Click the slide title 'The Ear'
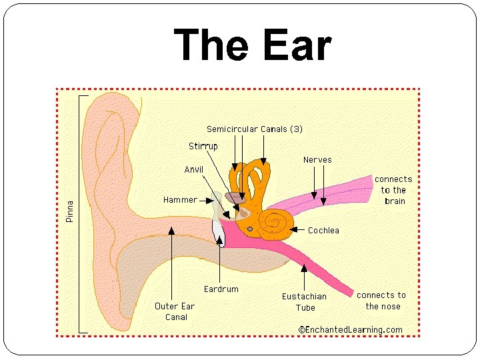(253, 47)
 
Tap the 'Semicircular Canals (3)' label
(254, 129)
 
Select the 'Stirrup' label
(203, 146)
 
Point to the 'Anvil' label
(193, 169)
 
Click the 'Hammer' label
(180, 199)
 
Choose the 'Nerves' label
(317, 160)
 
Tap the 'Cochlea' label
(323, 231)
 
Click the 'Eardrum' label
(221, 289)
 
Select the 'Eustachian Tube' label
(304, 302)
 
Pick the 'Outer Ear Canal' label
(175, 311)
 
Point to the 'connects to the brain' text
(393, 190)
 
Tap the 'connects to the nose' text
(381, 301)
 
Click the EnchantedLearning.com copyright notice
(350, 329)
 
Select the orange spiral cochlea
(277, 222)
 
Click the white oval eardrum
(218, 232)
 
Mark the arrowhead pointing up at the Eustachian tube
(304, 268)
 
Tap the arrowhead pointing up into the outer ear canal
(171, 231)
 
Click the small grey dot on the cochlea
(250, 229)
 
